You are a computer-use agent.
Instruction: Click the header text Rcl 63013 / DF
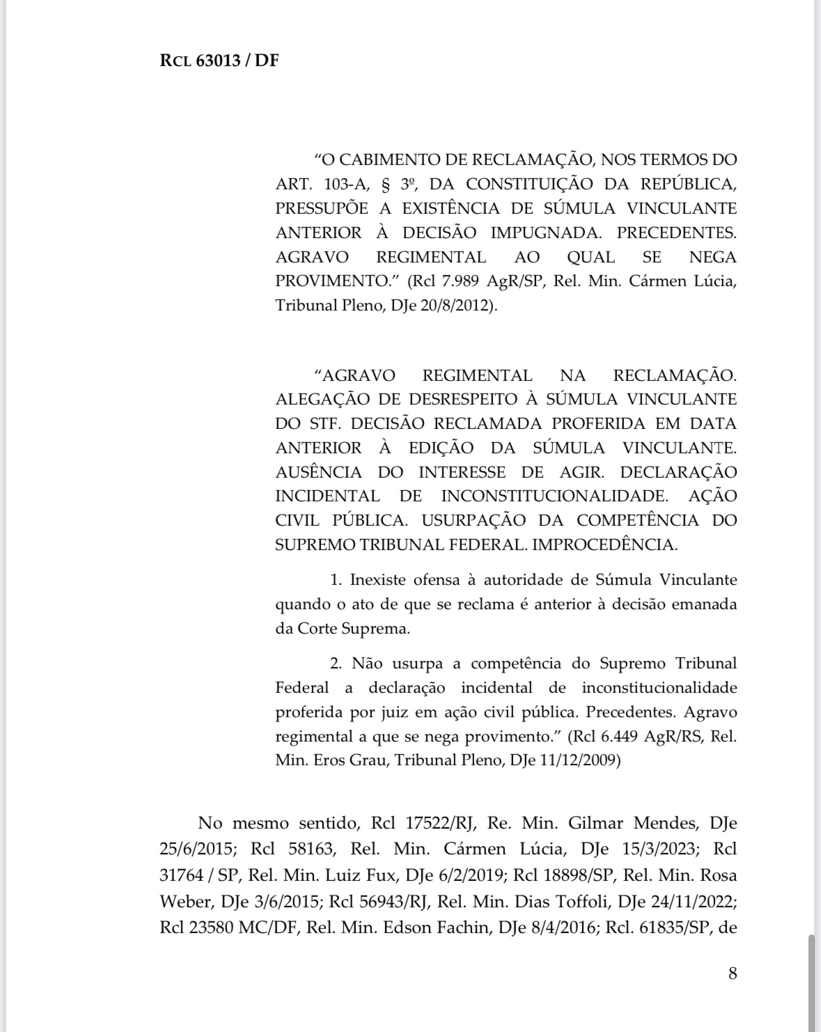pos(219,60)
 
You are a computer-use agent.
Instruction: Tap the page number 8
pos(732,973)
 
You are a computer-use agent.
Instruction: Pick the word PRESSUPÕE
pos(322,208)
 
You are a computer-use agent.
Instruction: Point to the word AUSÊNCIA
pos(319,472)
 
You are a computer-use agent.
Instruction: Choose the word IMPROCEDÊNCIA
pos(604,545)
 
